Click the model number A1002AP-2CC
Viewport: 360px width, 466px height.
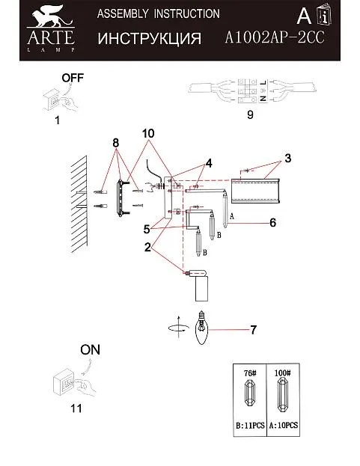coord(274,38)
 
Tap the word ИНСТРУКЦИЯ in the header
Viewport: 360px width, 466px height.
coord(149,39)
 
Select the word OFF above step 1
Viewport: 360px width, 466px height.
coord(73,78)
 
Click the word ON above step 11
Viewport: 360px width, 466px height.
coord(90,350)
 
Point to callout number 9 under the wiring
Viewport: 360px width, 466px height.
coord(250,114)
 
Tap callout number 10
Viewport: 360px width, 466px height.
coord(148,133)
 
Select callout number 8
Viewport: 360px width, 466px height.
coord(116,144)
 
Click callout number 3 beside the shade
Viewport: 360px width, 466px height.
coord(287,159)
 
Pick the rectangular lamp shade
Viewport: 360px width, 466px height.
coord(255,191)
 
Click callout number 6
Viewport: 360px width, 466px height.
coord(272,222)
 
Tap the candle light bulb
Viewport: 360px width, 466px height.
coord(202,328)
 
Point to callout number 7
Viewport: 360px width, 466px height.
coord(253,330)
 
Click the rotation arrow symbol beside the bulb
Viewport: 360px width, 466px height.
coord(178,327)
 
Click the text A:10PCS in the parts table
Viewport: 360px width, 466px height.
coord(284,426)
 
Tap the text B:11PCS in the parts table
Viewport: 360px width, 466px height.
coord(250,426)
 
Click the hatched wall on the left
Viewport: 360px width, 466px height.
coord(79,204)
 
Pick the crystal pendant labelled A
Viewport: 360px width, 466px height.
coord(225,210)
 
